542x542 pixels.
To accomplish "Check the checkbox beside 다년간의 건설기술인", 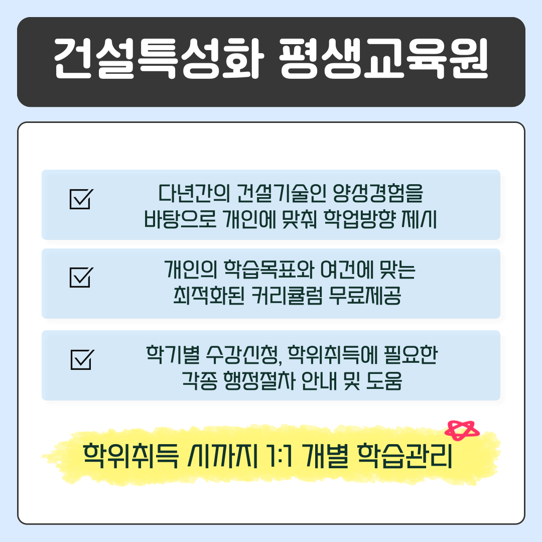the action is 80,199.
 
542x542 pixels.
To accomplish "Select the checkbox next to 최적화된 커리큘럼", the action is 80,278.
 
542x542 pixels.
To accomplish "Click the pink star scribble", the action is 463,431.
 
